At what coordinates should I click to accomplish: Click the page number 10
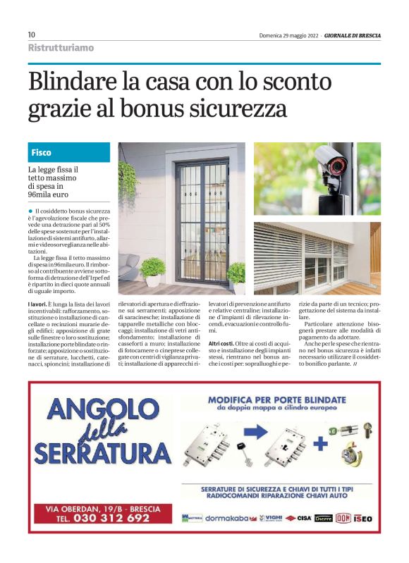(x=32, y=35)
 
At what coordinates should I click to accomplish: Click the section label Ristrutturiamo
(x=61, y=47)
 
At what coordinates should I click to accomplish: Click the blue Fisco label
(x=42, y=152)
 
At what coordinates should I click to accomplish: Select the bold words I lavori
(x=40, y=303)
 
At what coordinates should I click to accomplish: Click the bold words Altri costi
(x=212, y=342)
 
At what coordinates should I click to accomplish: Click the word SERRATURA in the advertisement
(x=103, y=451)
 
